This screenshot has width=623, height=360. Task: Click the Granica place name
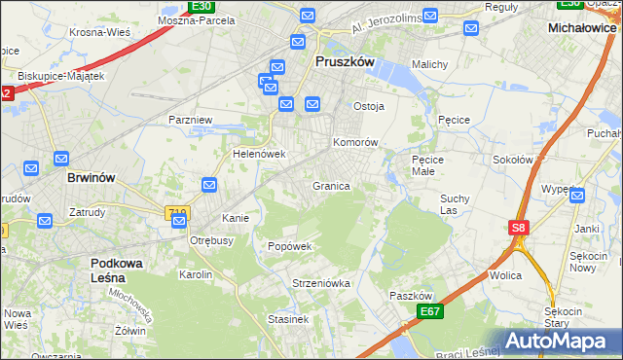click(x=331, y=186)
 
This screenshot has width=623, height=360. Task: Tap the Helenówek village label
click(x=258, y=154)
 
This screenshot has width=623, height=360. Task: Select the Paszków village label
click(x=410, y=296)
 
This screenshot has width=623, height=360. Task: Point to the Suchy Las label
click(x=455, y=203)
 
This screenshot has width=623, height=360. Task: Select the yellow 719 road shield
click(x=177, y=212)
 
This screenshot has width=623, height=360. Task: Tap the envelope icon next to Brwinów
click(x=60, y=159)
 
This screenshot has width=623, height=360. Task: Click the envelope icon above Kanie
click(x=209, y=185)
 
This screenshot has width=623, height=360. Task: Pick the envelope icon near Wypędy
click(x=578, y=196)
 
